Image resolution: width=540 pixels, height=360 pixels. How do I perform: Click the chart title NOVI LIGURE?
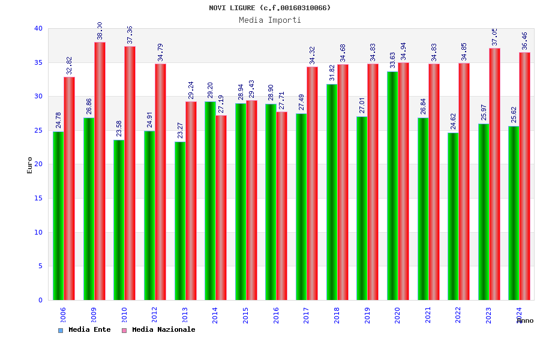coord(269,8)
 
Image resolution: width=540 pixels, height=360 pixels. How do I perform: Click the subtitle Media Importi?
coord(270,20)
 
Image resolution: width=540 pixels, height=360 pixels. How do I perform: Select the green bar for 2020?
coord(392,185)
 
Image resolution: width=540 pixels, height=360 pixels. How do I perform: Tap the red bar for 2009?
coord(100,171)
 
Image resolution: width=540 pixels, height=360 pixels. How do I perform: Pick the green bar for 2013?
coord(180,221)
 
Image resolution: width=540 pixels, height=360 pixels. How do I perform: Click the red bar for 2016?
coord(282,206)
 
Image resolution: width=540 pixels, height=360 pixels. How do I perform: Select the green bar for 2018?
coord(332,192)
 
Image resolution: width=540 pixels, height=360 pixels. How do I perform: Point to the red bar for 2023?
coord(494,174)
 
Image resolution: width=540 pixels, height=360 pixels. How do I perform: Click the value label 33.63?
coord(392,60)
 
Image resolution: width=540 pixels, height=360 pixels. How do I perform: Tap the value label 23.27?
coord(180,130)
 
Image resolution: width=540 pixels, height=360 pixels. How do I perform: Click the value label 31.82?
coord(332,73)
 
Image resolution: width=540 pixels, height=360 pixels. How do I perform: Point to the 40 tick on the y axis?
coord(38,28)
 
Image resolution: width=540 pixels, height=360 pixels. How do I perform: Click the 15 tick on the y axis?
coord(38,198)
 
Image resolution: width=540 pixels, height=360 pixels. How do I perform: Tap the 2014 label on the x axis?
coord(215,315)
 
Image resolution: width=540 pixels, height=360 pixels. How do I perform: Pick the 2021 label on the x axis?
coord(428,315)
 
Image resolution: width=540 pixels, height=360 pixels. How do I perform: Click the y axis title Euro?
coord(30,165)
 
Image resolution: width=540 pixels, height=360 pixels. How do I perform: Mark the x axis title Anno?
coord(525,320)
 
